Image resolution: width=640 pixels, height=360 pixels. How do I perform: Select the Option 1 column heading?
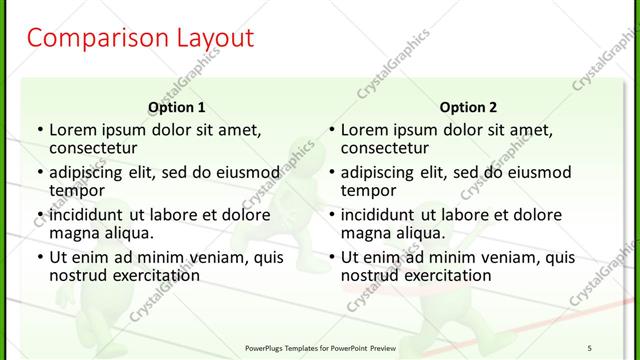point(177,107)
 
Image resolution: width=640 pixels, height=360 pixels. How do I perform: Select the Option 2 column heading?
point(468,107)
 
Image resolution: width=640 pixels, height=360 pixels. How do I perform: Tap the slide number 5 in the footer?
point(589,347)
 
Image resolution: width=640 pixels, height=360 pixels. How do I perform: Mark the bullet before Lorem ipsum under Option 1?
point(39,130)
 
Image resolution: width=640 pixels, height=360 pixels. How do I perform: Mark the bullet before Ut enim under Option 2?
point(331,258)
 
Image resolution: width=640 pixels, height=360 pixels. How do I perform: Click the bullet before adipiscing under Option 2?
point(331,173)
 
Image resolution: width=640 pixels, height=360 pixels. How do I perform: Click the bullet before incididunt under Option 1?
point(39,216)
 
